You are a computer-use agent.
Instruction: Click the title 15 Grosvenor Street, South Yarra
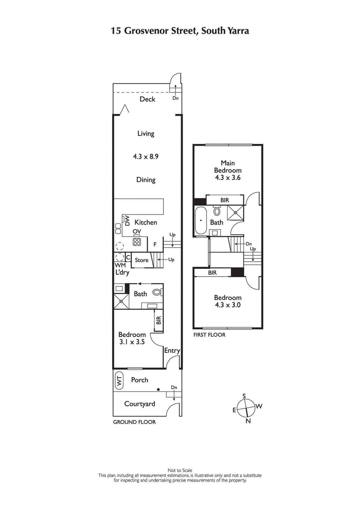pos(180,31)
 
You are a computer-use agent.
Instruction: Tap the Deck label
pos(147,99)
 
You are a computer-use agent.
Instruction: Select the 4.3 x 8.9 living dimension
pos(146,156)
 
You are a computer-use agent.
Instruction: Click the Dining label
pos(146,180)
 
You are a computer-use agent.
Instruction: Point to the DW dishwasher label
pos(127,220)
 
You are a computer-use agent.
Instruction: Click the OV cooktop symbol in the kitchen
pos(137,242)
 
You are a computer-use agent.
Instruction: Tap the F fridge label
pos(155,245)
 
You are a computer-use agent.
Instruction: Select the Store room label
pos(142,260)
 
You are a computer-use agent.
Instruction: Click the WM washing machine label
pos(120,266)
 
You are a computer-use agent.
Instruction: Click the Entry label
pos(172,351)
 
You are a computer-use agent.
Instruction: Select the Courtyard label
pos(139,404)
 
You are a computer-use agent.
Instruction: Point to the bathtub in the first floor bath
pos(201,221)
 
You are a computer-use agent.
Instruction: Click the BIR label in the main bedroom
pos(225,199)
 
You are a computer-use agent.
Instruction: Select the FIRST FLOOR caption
pos(209,335)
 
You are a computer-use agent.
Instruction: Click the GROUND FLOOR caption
pos(134,422)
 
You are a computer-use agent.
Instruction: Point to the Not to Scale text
pos(180,470)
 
